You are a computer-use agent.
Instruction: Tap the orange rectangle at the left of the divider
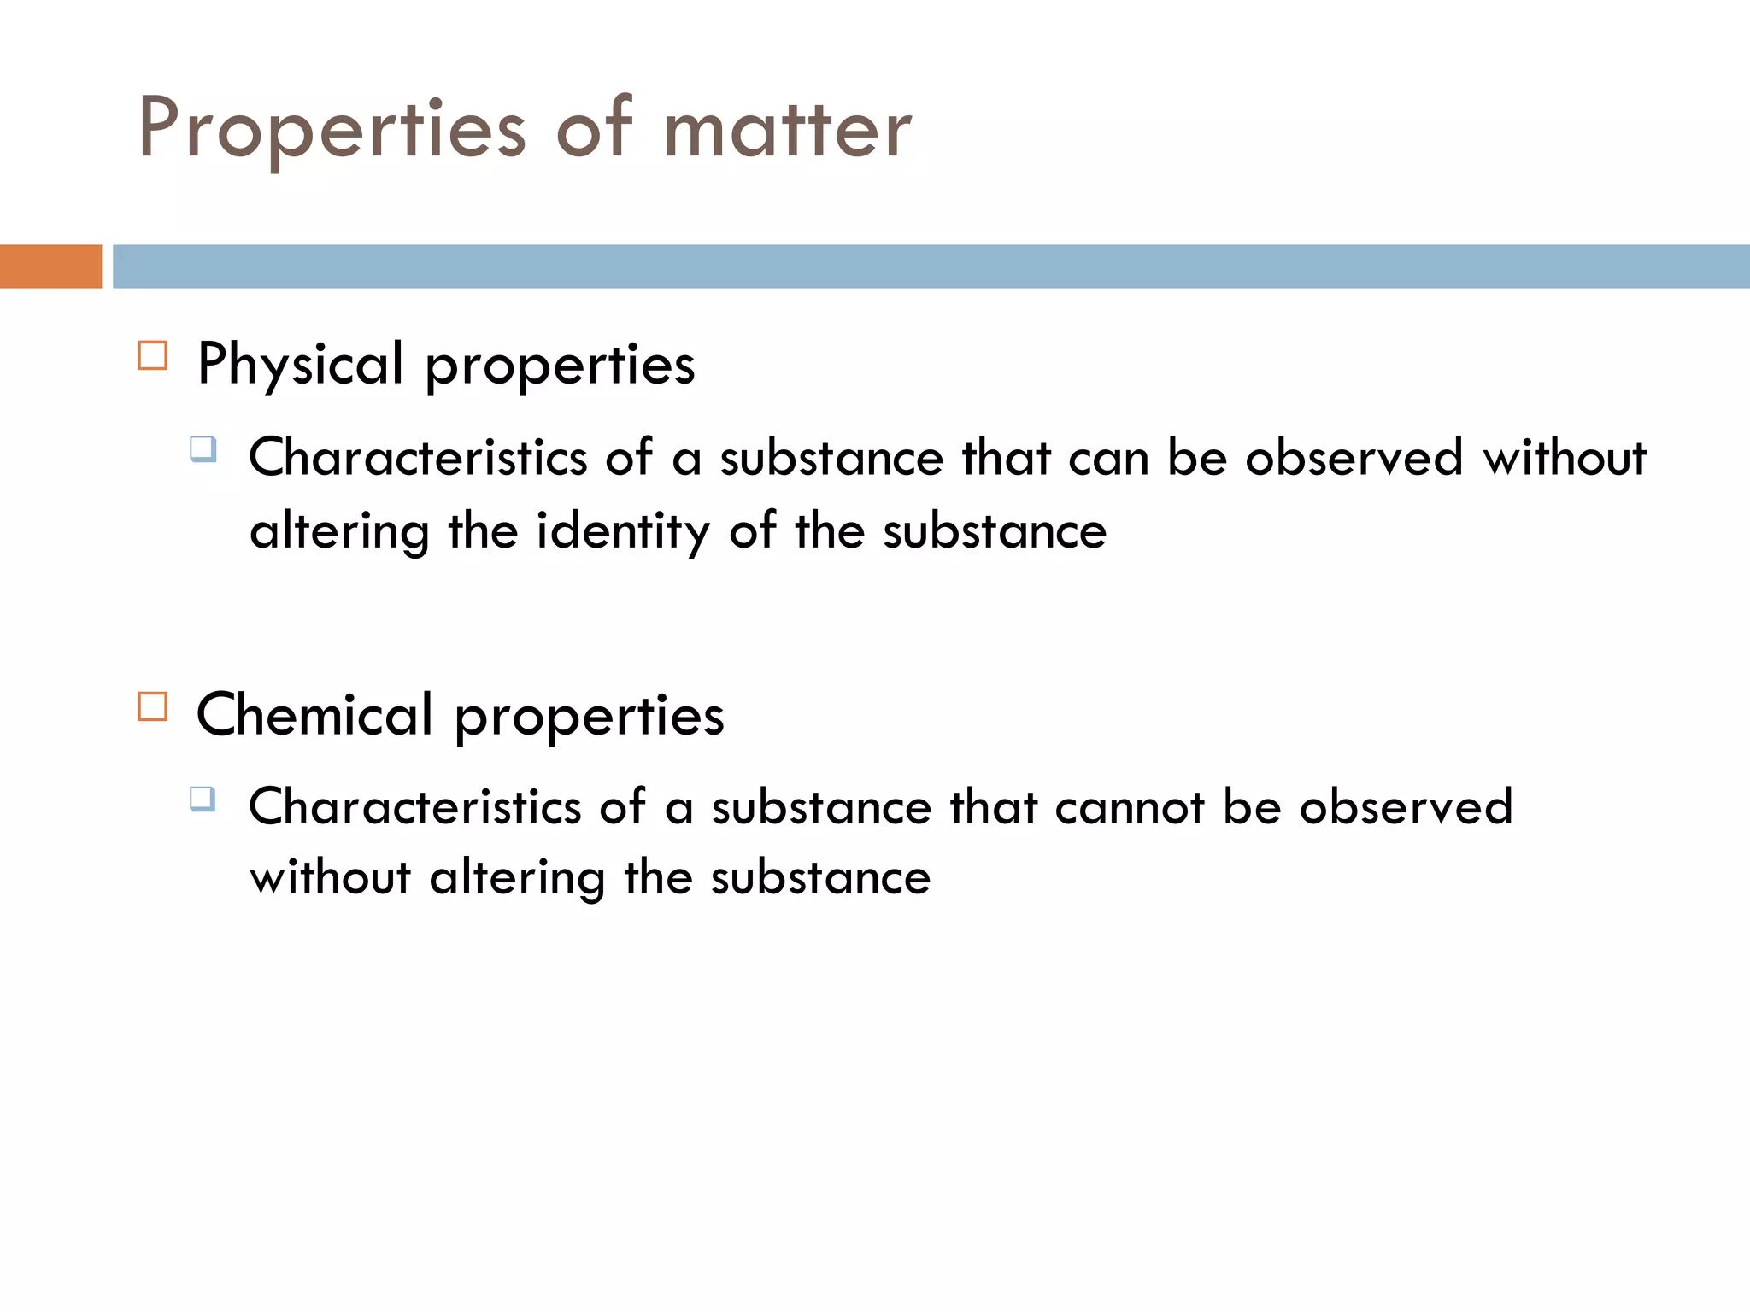tap(50, 266)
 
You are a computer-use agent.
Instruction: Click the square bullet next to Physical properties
tap(153, 355)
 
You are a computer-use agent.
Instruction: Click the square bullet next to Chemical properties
tap(153, 707)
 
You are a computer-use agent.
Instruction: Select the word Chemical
tap(314, 715)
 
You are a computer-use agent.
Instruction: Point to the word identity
tap(622, 531)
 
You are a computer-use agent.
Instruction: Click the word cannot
tap(1129, 806)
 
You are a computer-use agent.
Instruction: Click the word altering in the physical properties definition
tap(339, 531)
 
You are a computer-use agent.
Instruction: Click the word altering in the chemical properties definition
tap(517, 878)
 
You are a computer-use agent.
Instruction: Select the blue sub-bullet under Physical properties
tap(203, 448)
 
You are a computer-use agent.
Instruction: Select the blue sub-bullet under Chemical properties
tap(203, 799)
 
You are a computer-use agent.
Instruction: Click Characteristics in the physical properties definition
tap(418, 457)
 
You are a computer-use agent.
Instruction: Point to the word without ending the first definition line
tap(1564, 457)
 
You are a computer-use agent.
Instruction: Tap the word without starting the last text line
tap(330, 878)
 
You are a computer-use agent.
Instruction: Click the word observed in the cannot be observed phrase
tap(1406, 806)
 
